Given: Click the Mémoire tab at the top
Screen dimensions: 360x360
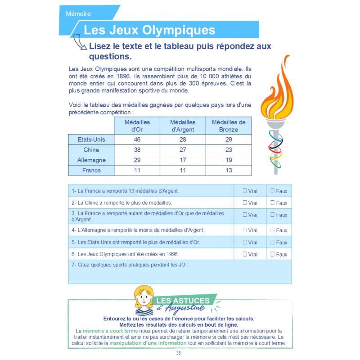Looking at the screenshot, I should [x=78, y=13].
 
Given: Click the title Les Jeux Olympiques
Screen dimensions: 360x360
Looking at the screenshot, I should [x=149, y=30].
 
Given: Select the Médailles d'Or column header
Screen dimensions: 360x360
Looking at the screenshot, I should [x=137, y=126].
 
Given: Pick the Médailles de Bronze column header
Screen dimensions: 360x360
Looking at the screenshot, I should [x=228, y=126].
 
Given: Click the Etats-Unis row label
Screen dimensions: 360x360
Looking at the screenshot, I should [x=91, y=139].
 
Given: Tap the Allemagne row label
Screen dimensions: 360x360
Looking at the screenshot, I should [x=91, y=160].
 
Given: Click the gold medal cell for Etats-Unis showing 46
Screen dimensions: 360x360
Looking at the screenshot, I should [x=137, y=139].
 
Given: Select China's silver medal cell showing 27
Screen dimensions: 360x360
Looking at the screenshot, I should [x=183, y=150].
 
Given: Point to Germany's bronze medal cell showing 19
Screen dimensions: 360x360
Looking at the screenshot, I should [x=228, y=160].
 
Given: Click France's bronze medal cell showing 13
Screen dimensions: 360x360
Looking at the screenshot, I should [x=228, y=171].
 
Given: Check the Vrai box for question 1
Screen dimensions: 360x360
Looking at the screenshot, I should [x=245, y=191].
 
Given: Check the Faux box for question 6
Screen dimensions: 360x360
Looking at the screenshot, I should [x=273, y=254].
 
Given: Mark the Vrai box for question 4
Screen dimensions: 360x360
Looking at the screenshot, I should [x=245, y=230].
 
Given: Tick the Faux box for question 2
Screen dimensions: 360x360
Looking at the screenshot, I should [x=273, y=203].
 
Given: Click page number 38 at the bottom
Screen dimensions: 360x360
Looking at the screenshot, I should [x=179, y=353].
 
